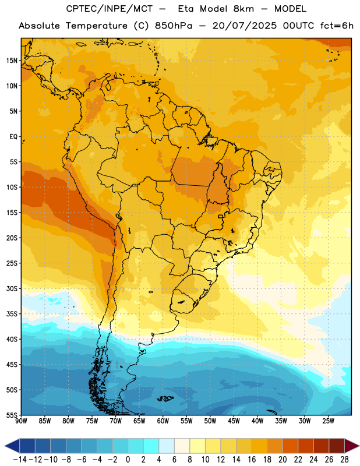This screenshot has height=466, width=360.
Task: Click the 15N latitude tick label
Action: coord(12,61)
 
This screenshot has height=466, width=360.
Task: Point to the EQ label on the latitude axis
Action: coord(13,137)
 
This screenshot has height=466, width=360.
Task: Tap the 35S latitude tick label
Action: coord(12,314)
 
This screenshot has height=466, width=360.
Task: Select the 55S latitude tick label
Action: coord(12,415)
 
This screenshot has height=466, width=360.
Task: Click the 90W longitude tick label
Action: coord(22,421)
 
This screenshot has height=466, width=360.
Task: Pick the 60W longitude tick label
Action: coord(163,421)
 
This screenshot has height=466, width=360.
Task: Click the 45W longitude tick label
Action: coord(234,421)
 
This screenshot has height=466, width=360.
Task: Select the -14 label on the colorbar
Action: coord(20,460)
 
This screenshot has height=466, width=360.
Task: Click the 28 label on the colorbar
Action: coord(344,460)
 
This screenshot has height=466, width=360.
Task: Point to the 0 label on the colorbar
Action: coord(128,460)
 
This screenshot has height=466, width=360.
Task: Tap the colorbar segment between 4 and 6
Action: coord(167,446)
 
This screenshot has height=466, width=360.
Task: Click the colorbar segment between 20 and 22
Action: coord(291,446)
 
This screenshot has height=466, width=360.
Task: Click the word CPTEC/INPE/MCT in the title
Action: coord(110,9)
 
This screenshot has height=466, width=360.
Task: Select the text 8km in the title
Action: coord(243,9)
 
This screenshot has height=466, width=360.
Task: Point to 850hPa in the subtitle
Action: coord(174,26)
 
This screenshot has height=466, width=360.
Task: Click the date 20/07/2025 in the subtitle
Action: coord(244,26)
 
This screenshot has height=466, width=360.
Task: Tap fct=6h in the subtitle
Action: coord(337,26)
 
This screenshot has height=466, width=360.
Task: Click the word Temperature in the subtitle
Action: coord(97,26)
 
